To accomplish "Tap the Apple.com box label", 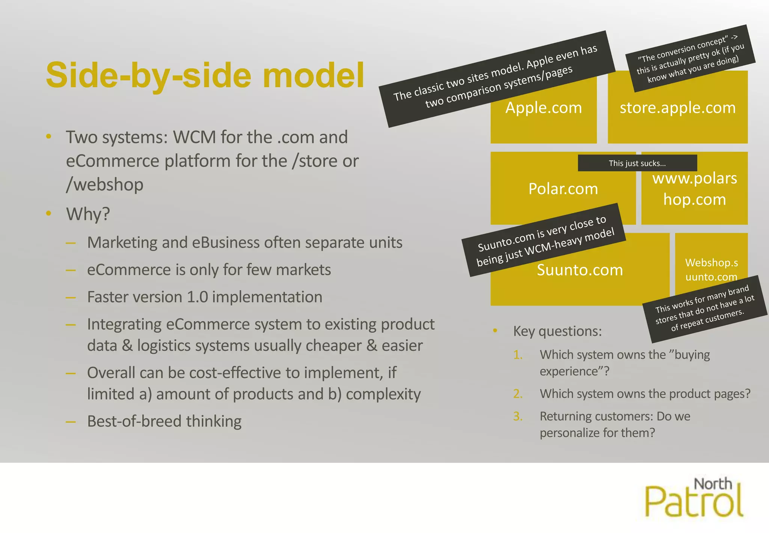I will pos(543,108).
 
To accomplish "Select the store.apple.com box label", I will pos(677,108).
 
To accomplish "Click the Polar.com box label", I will pos(563,189).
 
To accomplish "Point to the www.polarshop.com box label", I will pos(695,189).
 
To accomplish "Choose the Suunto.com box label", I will pos(580,270).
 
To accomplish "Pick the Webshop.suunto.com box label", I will pos(711,270).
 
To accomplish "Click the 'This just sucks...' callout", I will pos(637,163).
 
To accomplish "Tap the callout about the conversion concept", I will pos(690,59).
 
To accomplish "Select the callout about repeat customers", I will pos(705,309).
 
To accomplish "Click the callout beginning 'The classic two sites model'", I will pos(496,79).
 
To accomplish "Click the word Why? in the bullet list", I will pos(88,214).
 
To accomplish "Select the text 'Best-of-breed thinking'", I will pos(164,421).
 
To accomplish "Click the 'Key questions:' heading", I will pos(557,331).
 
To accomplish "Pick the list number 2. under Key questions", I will pos(518,394).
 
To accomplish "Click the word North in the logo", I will pos(713,484).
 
